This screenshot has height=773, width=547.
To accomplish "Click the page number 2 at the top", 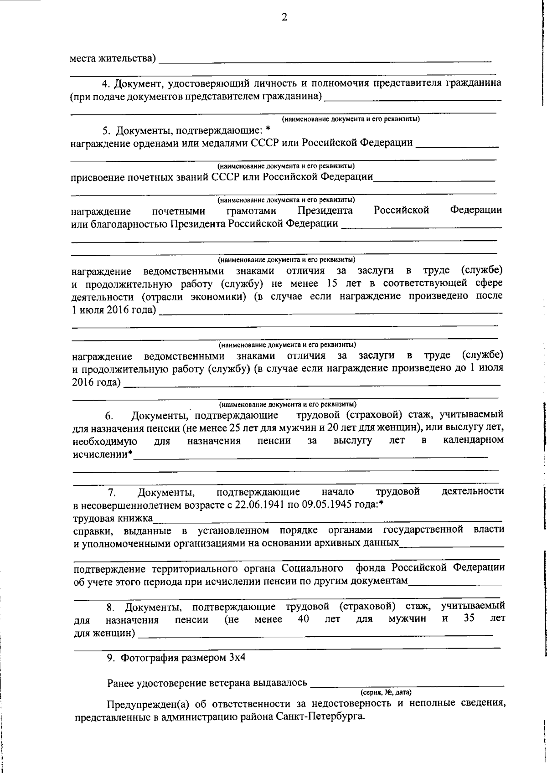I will click(x=284, y=17).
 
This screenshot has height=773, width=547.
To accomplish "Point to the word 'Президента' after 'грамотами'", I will click(x=325, y=211).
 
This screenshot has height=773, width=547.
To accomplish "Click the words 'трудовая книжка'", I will click(x=113, y=518).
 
